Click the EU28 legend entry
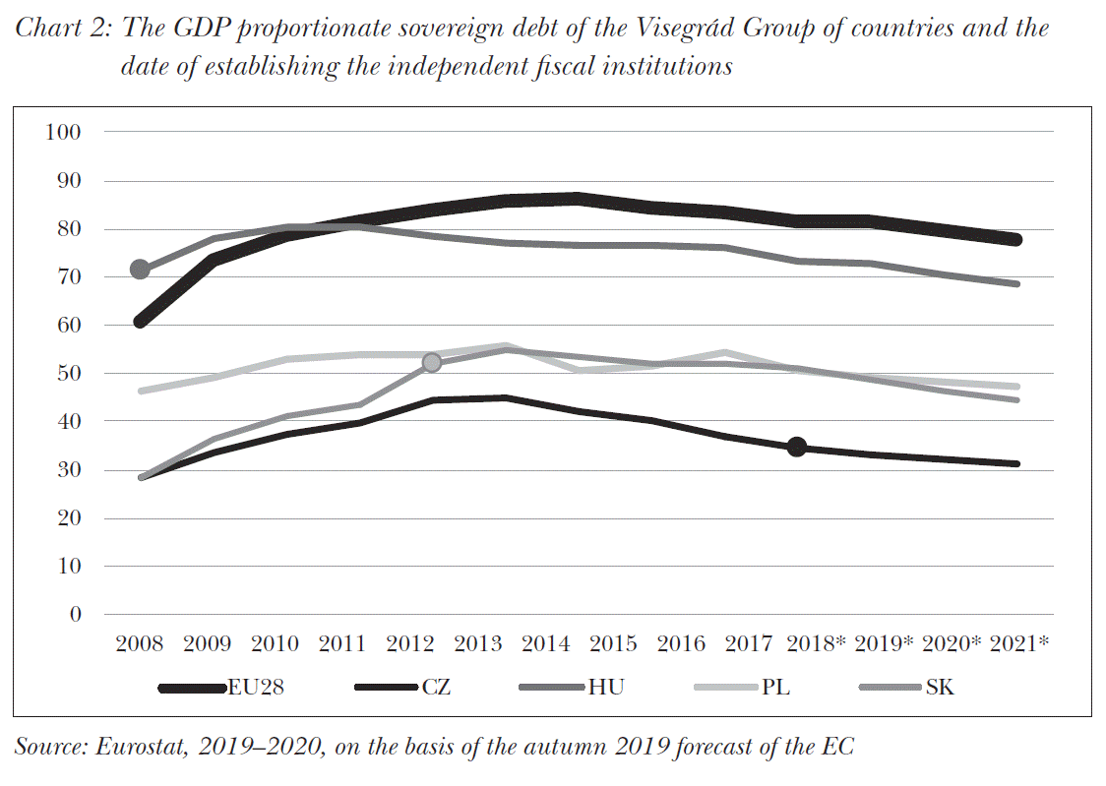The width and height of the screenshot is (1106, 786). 222,688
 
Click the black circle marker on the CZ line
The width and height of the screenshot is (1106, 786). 797,448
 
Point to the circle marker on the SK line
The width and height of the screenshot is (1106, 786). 431,363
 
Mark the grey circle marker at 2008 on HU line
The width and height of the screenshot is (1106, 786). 140,270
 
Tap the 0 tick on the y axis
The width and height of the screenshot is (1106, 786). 74,615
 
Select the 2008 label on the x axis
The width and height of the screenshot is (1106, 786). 140,644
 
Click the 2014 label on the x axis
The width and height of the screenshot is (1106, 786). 545,644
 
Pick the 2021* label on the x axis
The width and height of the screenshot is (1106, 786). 1017,644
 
